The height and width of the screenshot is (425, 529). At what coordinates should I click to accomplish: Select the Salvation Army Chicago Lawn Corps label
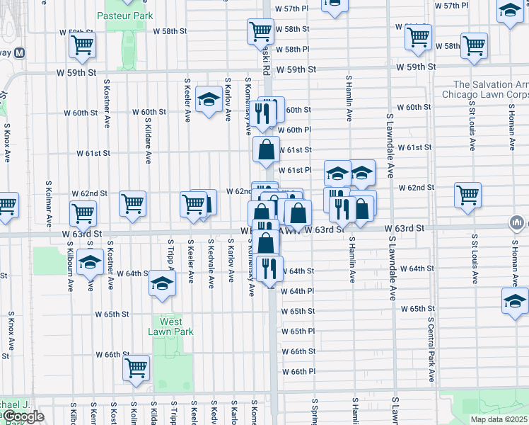tap(486, 89)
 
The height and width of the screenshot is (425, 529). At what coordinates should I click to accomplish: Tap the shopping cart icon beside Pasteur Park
tap(83, 45)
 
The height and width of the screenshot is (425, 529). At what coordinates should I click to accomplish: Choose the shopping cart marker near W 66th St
tap(136, 367)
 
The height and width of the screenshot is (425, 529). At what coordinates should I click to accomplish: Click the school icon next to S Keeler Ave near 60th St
tap(209, 101)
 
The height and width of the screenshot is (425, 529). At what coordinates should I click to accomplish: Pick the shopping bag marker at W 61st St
tap(266, 150)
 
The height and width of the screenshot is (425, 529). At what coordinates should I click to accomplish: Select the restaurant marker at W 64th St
tap(269, 268)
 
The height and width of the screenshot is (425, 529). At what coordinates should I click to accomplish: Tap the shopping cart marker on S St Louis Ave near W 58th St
tap(473, 45)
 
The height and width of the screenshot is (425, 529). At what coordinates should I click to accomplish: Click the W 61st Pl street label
tap(295, 170)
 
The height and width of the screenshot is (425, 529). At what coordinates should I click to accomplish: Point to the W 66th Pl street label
tap(298, 371)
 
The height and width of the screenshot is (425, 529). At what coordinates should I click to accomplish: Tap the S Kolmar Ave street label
tap(49, 201)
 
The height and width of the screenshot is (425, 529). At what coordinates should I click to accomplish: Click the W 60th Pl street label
tap(295, 130)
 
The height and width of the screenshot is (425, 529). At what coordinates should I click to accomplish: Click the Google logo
tap(23, 416)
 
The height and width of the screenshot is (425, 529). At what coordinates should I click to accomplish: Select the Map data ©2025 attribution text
tap(498, 419)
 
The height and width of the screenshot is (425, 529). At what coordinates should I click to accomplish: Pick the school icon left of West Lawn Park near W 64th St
tap(162, 285)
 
